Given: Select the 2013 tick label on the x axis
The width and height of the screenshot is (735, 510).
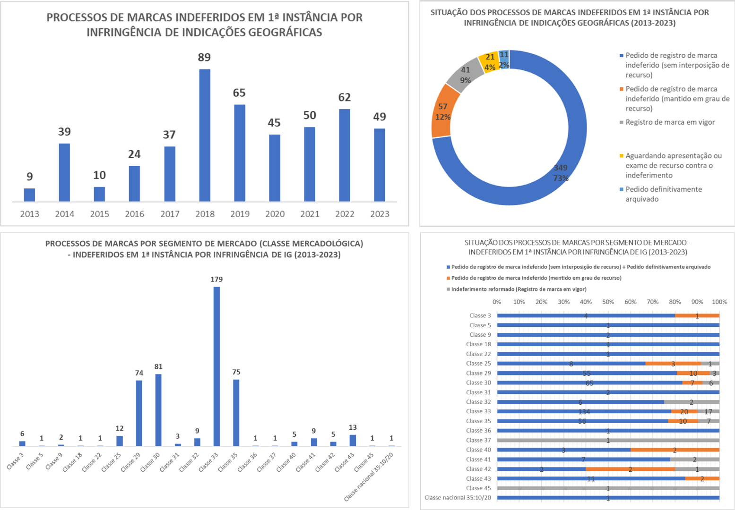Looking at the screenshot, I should tap(29, 214).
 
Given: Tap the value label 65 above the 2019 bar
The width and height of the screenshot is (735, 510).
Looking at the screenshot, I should tap(239, 93).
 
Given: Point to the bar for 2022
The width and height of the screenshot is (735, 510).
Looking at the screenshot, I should tap(345, 155).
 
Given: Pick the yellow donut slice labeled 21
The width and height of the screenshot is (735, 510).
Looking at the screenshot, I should tap(489, 61).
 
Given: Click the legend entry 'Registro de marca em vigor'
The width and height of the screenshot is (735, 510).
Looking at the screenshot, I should tap(670, 122).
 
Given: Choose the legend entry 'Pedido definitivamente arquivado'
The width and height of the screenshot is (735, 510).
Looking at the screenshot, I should tap(663, 194).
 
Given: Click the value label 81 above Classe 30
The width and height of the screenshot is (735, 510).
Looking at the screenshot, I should tap(158, 366).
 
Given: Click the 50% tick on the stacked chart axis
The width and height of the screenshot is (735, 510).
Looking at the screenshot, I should tap(608, 302).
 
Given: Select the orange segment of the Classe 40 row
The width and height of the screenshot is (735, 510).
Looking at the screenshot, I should tap(674, 450).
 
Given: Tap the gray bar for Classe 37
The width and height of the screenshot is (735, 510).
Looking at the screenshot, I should tap(608, 440).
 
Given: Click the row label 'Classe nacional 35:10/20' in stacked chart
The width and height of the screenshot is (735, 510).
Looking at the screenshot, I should tap(458, 497).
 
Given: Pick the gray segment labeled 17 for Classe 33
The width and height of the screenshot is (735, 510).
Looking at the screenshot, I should tap(708, 411).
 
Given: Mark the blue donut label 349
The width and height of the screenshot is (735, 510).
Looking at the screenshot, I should tap(561, 168).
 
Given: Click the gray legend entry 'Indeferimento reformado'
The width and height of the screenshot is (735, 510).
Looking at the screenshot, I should tap(519, 289).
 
